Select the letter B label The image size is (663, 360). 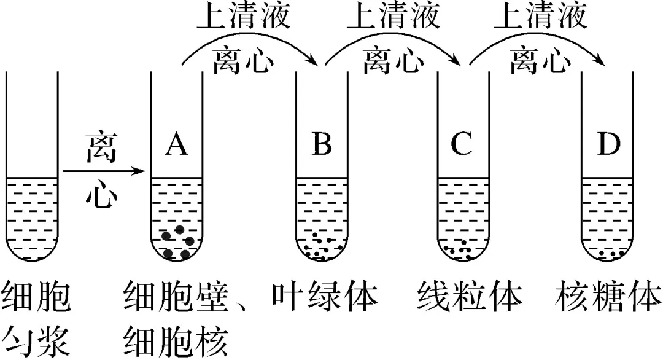(322, 146)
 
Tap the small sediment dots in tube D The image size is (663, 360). (611, 252)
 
